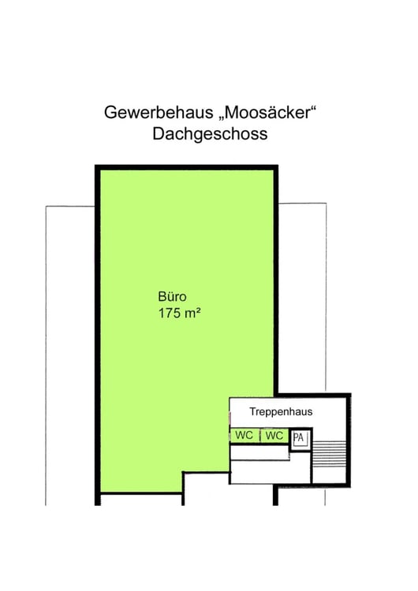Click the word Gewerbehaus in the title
(x=159, y=113)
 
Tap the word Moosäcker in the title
(x=267, y=113)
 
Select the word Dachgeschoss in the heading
(x=210, y=134)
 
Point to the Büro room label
(x=172, y=296)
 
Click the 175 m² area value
(x=179, y=313)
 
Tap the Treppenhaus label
(x=281, y=411)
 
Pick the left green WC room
(x=244, y=435)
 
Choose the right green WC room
(x=274, y=435)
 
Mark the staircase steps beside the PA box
(x=330, y=454)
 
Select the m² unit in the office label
(x=192, y=313)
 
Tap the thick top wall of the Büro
(x=186, y=168)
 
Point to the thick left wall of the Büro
(x=97, y=335)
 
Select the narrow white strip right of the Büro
(x=302, y=298)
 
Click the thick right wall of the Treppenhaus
(x=349, y=440)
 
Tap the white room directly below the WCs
(x=259, y=452)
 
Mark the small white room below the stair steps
(x=329, y=476)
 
